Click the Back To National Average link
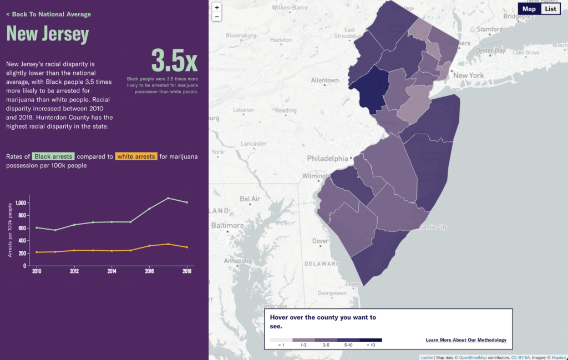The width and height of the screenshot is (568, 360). click(49, 14)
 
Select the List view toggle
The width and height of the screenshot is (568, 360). click(550, 9)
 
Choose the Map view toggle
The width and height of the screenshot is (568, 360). click(529, 9)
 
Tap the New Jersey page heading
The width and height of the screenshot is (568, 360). click(48, 34)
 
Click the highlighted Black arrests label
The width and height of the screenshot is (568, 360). click(53, 156)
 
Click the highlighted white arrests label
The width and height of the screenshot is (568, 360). click(136, 156)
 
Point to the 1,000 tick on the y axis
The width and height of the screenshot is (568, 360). click(21, 202)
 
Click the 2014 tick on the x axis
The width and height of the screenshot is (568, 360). click(111, 271)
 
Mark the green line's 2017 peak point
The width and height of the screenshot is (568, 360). click(168, 198)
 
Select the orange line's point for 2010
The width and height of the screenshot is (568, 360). click(37, 252)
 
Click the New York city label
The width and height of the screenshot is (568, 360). click(469, 75)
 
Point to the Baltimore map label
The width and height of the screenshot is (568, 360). click(227, 226)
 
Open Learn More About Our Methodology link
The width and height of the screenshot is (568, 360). click(466, 340)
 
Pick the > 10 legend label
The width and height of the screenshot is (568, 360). click(371, 345)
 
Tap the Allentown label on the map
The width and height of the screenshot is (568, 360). click(324, 80)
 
